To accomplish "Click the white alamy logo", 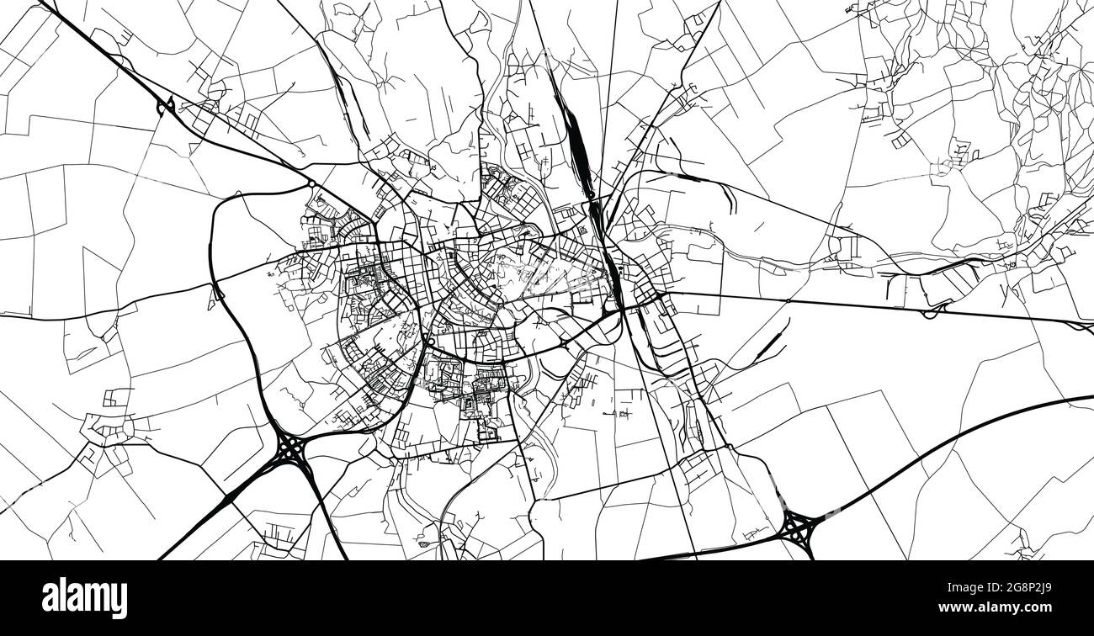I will (84, 597).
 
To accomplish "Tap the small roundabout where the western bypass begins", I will (311, 183).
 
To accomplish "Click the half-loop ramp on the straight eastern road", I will (932, 312).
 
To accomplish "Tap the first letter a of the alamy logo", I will (50, 598).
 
